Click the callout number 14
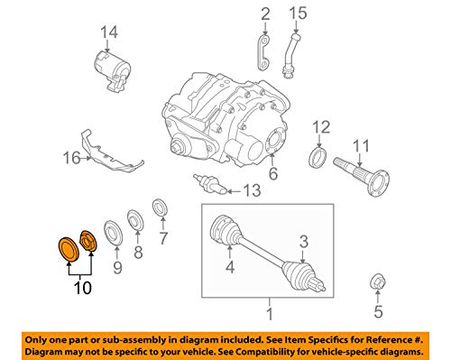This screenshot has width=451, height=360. point(109,32)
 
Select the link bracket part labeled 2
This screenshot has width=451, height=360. point(263,52)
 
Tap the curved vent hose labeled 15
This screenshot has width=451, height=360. point(290,57)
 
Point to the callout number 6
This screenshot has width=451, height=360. point(273,173)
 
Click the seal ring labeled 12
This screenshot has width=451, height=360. point(318,157)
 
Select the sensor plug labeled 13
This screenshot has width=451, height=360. point(210,184)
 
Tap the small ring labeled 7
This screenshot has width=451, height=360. point(160,208)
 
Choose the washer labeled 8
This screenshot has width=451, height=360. point(135,219)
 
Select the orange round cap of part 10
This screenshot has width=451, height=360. point(69,249)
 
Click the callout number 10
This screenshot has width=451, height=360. point(83,288)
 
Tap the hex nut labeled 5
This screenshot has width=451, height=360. point(377,282)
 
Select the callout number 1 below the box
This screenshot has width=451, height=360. point(270,314)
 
